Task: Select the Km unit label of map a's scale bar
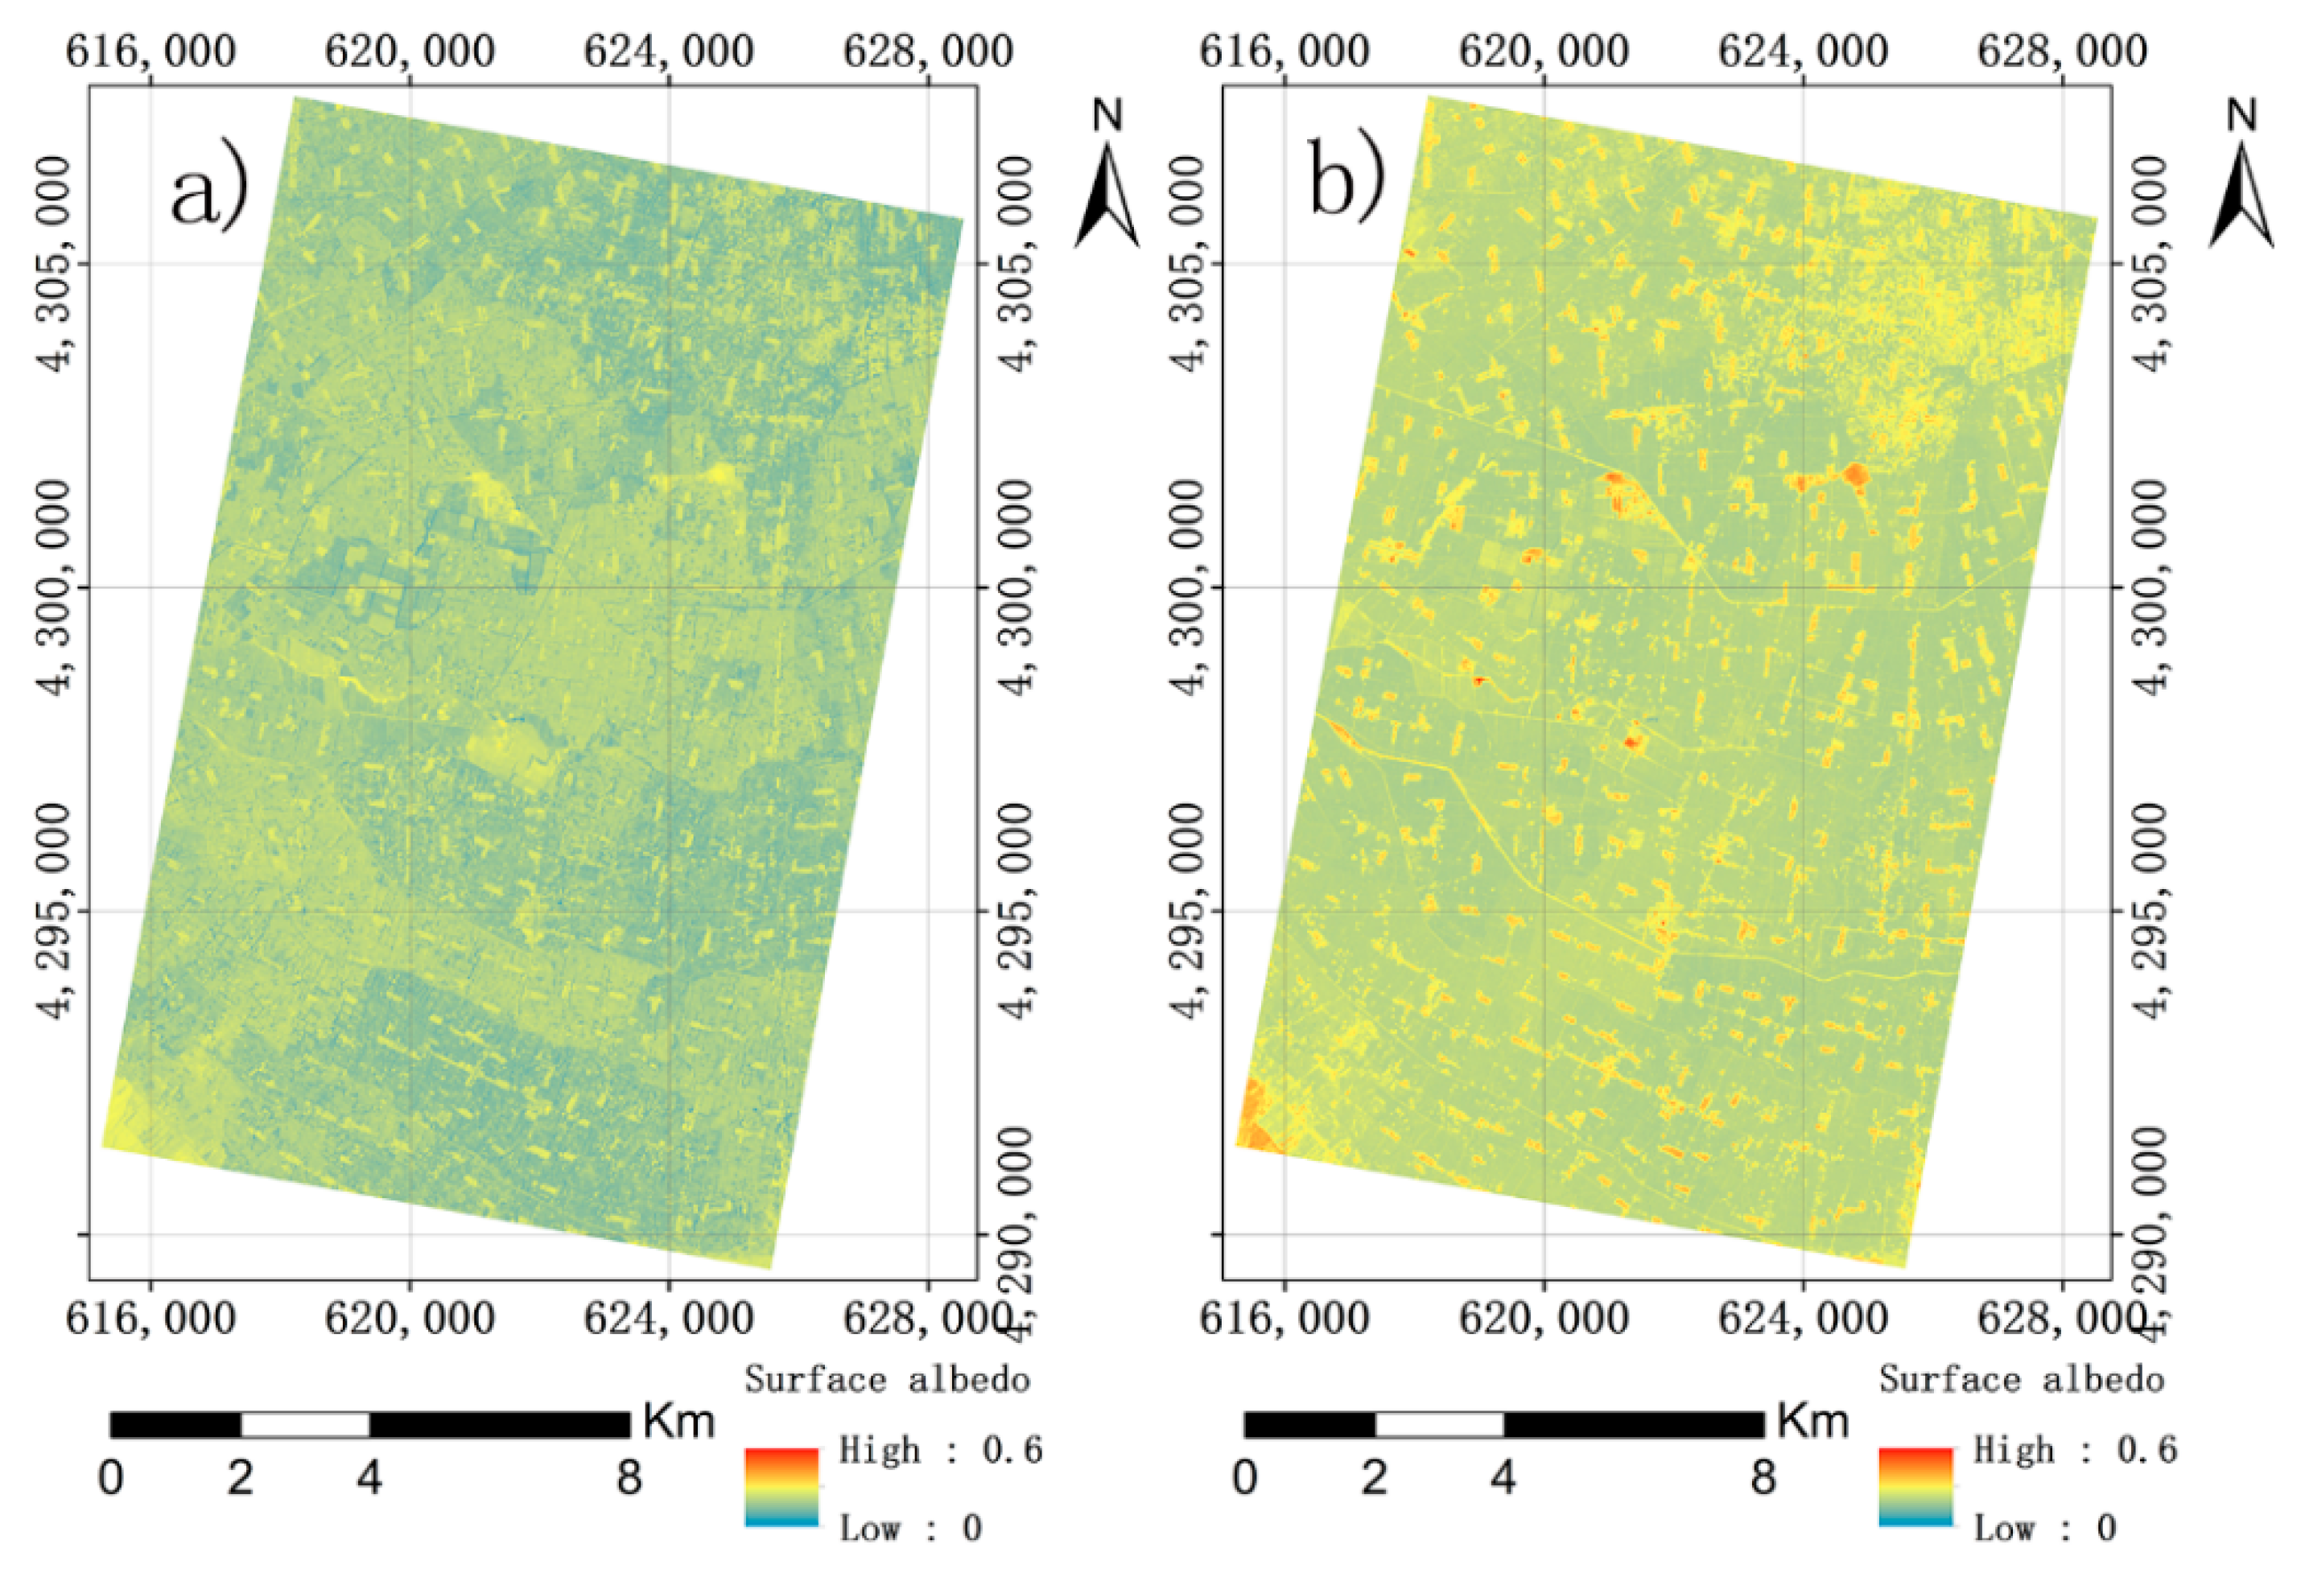678,1421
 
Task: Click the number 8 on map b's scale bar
1763,1478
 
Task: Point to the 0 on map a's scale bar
111,1478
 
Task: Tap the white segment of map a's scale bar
304,1425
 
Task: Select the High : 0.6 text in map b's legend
2074,1450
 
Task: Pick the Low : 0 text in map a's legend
910,1528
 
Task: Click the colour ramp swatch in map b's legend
1915,1487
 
